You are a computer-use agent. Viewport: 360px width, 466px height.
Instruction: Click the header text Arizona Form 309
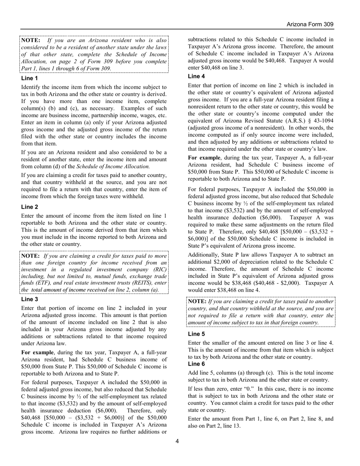tap(310, 25)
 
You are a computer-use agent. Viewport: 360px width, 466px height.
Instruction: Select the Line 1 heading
tap(30, 78)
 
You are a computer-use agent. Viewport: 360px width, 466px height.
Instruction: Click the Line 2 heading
tap(30, 207)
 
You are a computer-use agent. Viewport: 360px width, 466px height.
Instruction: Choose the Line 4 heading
tap(197, 76)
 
